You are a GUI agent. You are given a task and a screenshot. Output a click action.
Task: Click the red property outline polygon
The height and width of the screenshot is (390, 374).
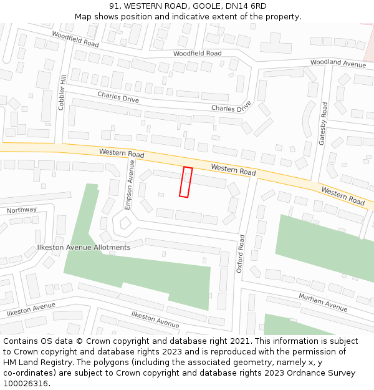[x=186, y=182]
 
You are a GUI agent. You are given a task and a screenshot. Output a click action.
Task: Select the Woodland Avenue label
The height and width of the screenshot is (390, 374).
[x=338, y=64]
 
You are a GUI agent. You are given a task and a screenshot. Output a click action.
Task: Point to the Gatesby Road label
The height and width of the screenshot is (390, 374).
[x=323, y=124]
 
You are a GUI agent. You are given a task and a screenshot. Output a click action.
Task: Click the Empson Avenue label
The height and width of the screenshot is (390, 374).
[x=130, y=184]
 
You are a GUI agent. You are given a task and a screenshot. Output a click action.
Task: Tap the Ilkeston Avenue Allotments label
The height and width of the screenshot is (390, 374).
[x=92, y=247]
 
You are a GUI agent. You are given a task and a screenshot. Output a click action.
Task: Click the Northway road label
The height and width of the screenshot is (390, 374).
[x=22, y=210]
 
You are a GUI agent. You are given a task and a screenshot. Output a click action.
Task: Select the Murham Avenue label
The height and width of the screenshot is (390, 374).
[x=322, y=302]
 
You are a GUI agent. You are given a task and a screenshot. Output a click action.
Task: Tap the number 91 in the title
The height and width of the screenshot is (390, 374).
[x=113, y=6]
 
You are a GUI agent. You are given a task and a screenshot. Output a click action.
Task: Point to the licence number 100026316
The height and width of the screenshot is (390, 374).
[x=27, y=383]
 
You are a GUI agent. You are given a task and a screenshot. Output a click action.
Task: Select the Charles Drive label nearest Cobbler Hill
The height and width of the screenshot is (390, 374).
[x=118, y=97]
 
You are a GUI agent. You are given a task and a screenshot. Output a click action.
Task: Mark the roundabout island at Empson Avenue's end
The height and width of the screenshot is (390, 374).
[x=125, y=222]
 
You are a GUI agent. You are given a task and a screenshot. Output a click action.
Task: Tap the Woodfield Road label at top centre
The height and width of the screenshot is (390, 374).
[x=197, y=54]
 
